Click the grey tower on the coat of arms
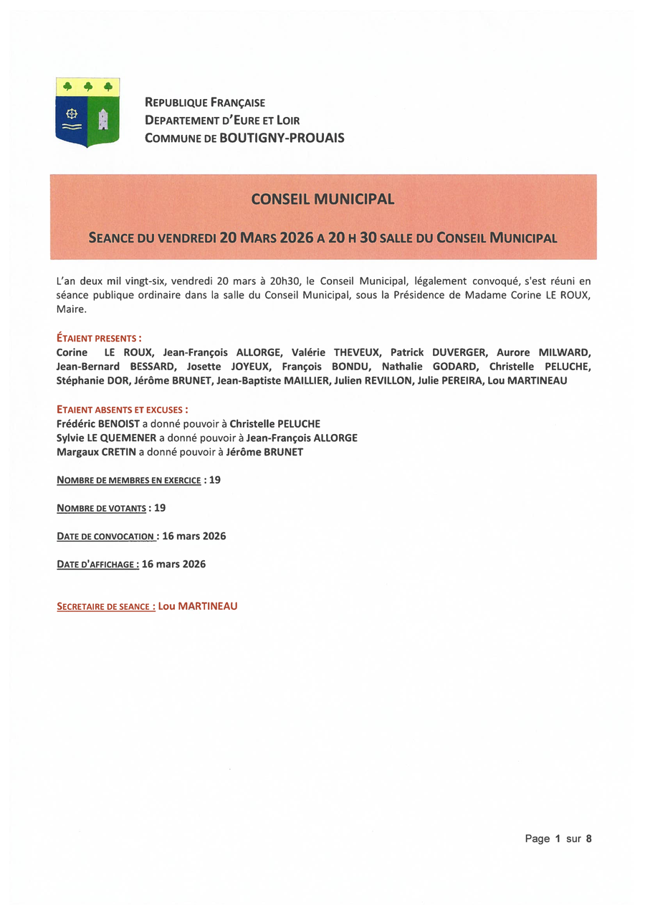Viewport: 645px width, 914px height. (x=102, y=119)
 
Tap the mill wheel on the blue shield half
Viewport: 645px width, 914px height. (x=71, y=113)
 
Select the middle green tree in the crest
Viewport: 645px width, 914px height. (x=88, y=87)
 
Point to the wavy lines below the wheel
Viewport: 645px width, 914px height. (x=71, y=127)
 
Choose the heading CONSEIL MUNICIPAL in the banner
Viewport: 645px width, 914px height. (x=322, y=199)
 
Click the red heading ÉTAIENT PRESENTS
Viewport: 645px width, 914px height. (x=98, y=338)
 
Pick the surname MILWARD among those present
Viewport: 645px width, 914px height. (x=565, y=352)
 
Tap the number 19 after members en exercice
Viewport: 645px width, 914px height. (x=214, y=480)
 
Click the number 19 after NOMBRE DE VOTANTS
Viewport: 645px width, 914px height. (x=159, y=508)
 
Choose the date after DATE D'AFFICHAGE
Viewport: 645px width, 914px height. (x=173, y=565)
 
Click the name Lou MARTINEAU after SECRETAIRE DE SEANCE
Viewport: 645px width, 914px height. (x=198, y=606)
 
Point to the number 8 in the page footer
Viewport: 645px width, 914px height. (x=588, y=839)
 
